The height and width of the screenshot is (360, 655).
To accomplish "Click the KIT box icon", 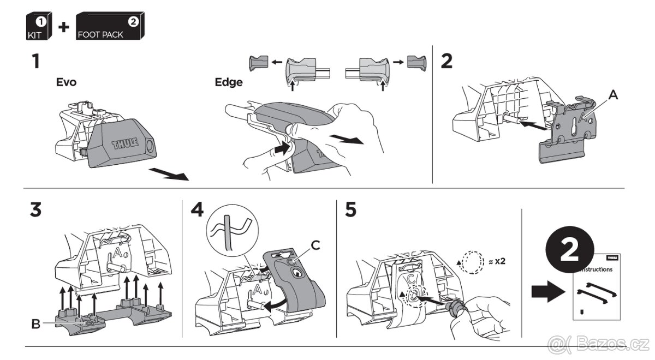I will (x=38, y=26).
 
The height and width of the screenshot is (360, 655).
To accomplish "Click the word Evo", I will (x=67, y=83).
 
